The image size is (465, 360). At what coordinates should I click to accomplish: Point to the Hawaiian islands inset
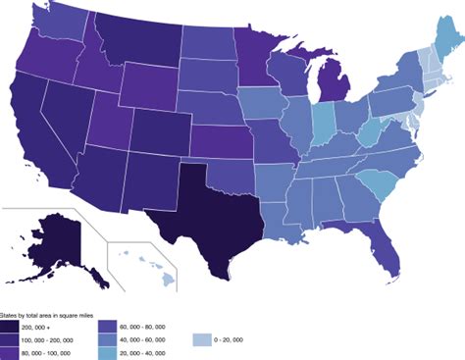[x=147, y=265]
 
